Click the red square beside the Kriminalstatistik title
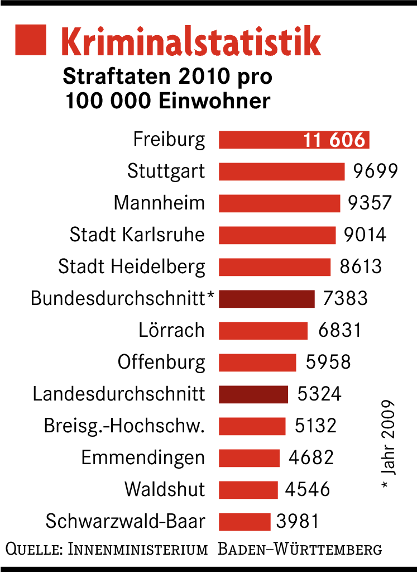click(x=30, y=40)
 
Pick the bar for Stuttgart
click(x=281, y=171)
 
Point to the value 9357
click(x=370, y=203)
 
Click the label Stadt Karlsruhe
click(x=137, y=235)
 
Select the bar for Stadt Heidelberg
click(x=275, y=266)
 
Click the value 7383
click(x=346, y=298)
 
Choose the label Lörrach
click(x=171, y=330)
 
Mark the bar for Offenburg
click(x=257, y=362)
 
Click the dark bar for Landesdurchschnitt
click(x=253, y=394)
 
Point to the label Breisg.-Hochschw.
click(x=124, y=426)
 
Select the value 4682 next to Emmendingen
click(x=311, y=458)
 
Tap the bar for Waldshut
click(x=248, y=490)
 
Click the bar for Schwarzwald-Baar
click(x=245, y=522)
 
